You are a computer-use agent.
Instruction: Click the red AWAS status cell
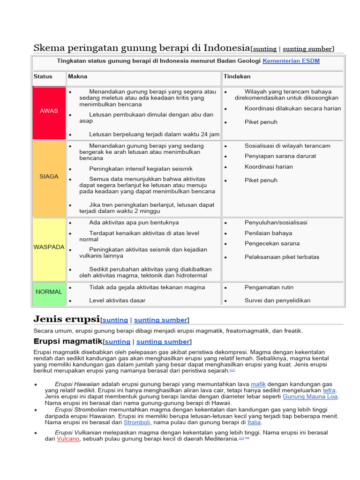point(49,111)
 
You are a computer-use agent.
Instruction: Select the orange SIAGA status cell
point(49,177)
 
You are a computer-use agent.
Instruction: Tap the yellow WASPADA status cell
point(49,247)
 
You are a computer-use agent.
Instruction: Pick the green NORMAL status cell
point(49,292)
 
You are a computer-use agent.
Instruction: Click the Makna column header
point(78,76)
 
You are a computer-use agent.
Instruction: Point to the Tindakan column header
point(237,76)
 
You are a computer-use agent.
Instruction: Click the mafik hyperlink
point(258,384)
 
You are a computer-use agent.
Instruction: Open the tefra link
point(329,390)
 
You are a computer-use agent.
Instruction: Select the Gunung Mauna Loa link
point(310,397)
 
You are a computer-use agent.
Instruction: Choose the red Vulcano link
point(68,439)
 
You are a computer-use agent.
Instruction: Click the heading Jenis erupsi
point(67,319)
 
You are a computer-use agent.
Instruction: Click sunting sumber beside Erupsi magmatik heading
point(163,342)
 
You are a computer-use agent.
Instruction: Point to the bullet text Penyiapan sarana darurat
point(280,156)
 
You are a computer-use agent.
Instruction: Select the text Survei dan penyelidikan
point(277,300)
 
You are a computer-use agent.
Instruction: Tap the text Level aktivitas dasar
point(117,300)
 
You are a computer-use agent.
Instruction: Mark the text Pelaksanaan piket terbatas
point(282,257)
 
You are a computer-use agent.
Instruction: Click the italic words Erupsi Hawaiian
point(77,384)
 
